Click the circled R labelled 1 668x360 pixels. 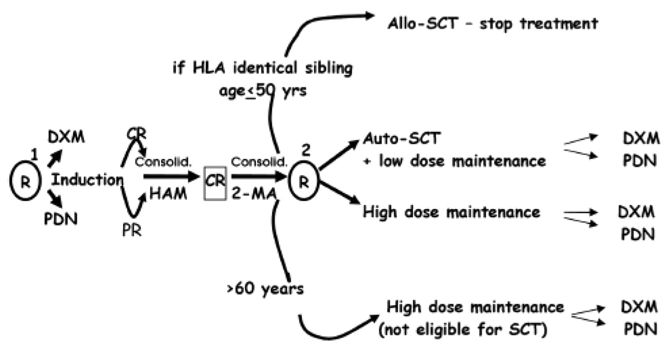22,181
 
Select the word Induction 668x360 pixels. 87,181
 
